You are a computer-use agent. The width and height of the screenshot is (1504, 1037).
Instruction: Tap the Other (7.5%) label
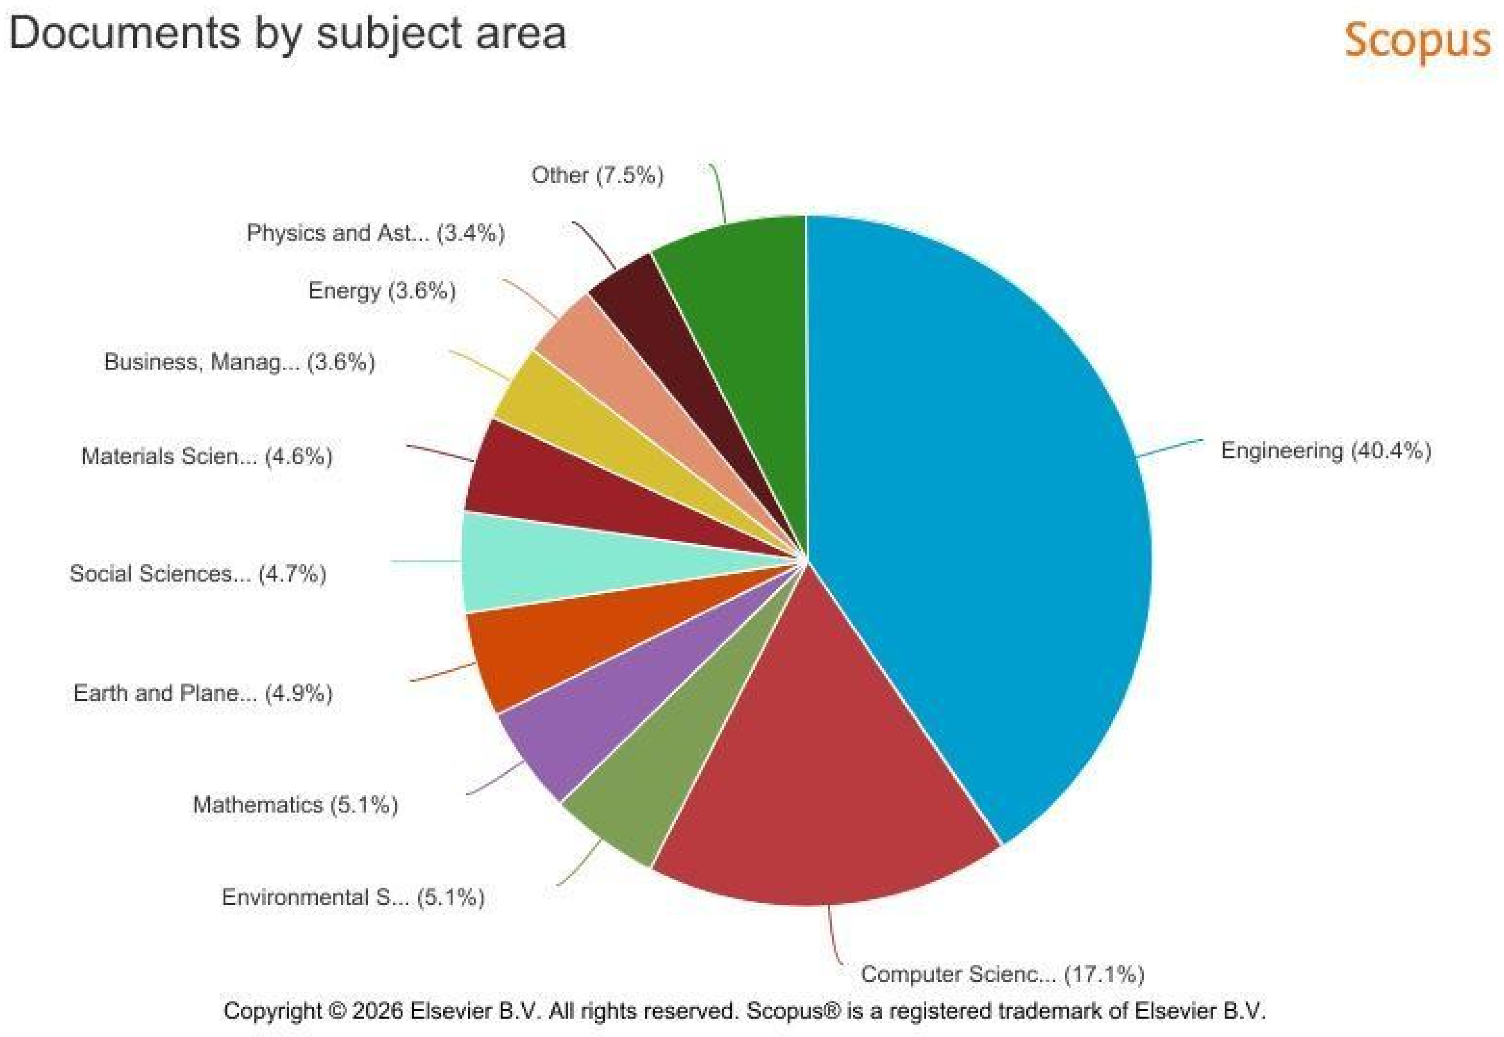598,175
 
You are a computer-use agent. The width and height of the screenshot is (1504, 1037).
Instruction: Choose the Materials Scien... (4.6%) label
207,456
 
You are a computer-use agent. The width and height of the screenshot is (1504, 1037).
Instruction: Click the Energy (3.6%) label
382,290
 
